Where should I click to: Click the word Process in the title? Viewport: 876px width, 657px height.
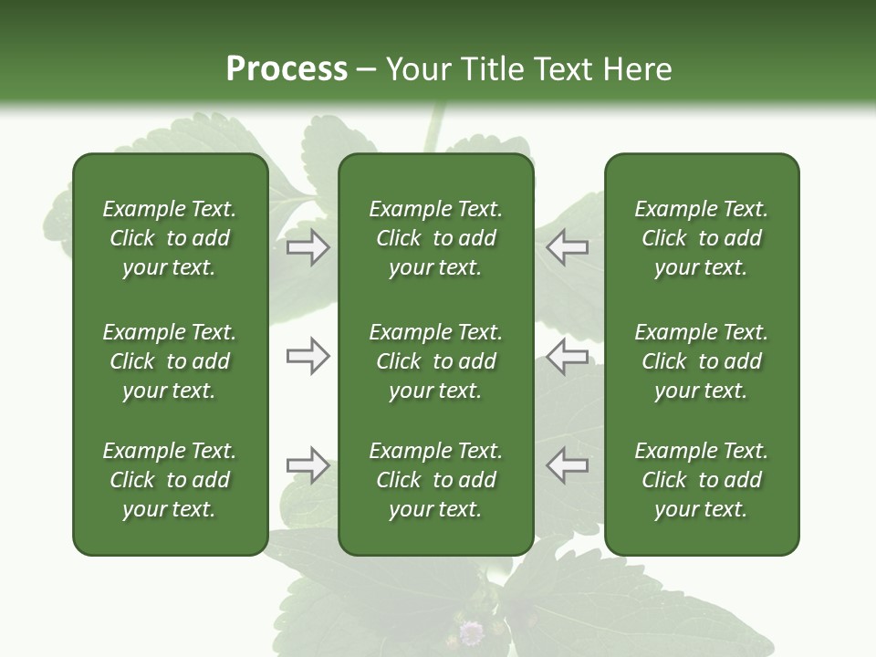(x=287, y=69)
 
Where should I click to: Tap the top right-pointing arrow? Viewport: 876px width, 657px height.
(x=308, y=247)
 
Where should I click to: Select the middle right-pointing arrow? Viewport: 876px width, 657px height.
(x=308, y=356)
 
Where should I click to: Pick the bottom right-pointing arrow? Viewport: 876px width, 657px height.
(x=308, y=465)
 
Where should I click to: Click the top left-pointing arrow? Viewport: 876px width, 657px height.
(x=568, y=247)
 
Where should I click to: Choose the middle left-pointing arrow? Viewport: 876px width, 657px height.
(x=568, y=356)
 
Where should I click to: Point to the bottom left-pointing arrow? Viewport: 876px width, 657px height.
(x=568, y=465)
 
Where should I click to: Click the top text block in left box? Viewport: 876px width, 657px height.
(x=170, y=238)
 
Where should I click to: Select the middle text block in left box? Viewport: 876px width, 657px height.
(x=170, y=361)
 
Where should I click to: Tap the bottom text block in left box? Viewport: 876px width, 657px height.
(x=170, y=480)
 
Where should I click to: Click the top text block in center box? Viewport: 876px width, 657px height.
(x=435, y=238)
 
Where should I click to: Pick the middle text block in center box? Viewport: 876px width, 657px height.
(x=435, y=361)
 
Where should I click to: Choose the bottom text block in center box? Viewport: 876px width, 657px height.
(x=435, y=480)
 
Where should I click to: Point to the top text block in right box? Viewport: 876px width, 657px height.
(x=701, y=238)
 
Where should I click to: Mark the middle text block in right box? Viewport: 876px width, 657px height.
(x=701, y=361)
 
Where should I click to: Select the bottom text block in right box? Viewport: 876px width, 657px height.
(x=701, y=480)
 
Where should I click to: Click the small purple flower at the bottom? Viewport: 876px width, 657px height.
(x=471, y=631)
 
